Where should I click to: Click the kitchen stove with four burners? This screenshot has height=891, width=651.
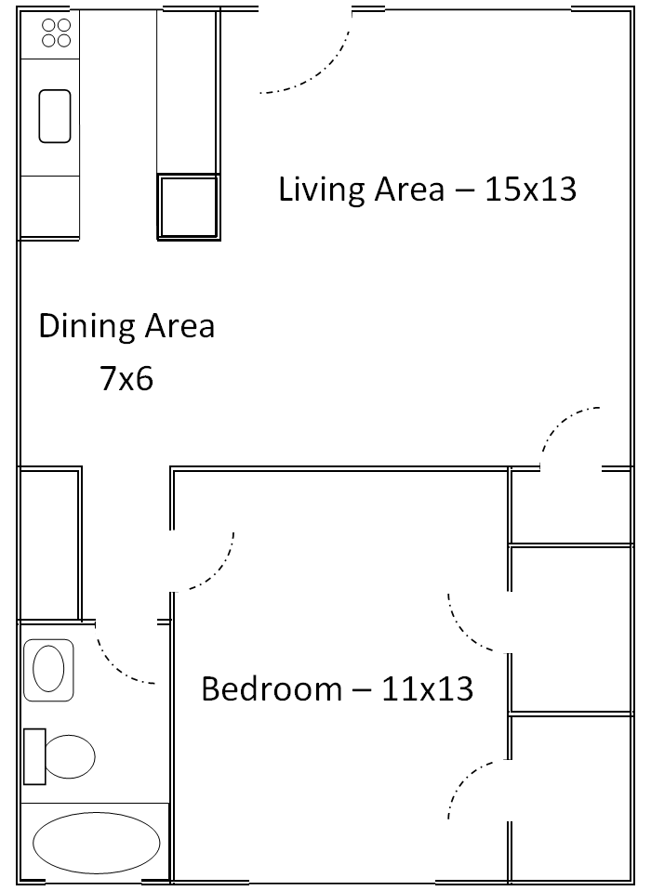click(x=57, y=33)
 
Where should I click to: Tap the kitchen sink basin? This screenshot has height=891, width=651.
click(x=55, y=115)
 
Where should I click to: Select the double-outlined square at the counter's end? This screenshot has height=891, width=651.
click(x=189, y=206)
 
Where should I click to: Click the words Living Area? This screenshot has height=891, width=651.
click(x=361, y=190)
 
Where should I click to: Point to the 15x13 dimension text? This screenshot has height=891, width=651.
click(x=528, y=190)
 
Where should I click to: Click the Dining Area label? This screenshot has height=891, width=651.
click(x=126, y=326)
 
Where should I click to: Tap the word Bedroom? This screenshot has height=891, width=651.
click(x=272, y=689)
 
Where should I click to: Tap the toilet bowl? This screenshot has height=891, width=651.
click(x=71, y=756)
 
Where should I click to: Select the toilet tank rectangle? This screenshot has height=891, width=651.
click(x=34, y=756)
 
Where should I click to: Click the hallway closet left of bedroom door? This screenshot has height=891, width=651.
click(x=48, y=544)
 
